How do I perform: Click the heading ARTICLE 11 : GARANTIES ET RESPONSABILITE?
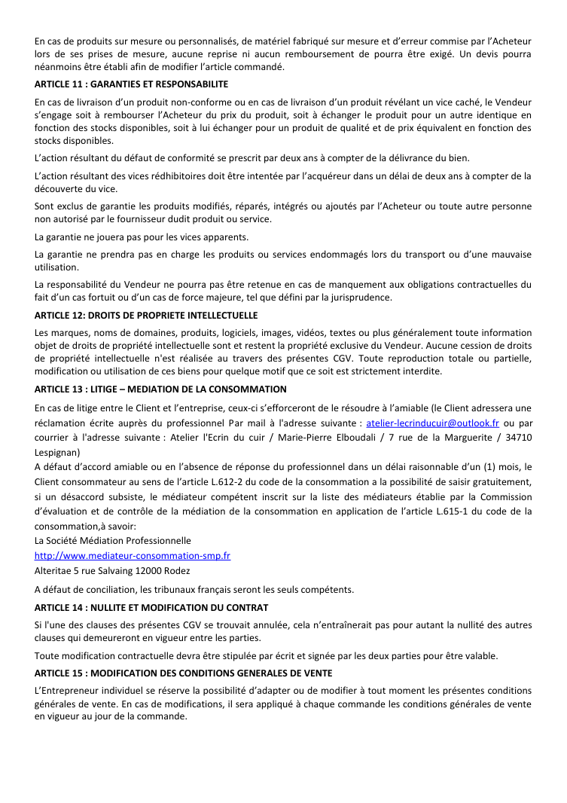point(131,84)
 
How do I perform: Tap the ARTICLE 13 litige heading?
point(160,389)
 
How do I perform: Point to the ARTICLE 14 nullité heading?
point(151,607)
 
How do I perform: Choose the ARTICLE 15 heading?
point(182,673)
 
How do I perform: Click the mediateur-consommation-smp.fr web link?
point(133,556)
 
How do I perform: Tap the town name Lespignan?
point(57,453)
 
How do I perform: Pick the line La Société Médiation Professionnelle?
point(113,541)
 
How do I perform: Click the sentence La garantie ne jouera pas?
point(131,237)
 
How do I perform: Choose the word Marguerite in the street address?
point(463,438)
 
